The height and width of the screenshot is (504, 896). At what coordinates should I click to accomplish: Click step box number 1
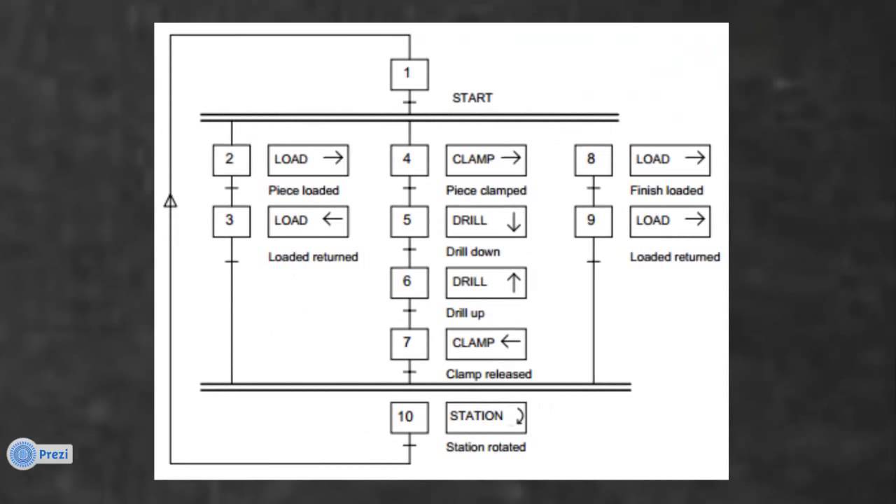coord(409,74)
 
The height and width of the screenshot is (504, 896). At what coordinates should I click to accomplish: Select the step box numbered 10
coord(409,417)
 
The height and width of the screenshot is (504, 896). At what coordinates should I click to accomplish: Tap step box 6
coord(409,282)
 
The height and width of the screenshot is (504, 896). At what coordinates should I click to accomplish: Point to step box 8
coord(594,160)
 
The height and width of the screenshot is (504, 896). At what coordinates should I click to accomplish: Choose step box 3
coord(232,221)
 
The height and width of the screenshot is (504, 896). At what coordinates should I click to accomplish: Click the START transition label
coord(472,98)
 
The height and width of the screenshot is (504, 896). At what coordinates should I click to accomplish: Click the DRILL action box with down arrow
coord(486,221)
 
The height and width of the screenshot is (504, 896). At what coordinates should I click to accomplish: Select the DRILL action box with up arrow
coord(486,282)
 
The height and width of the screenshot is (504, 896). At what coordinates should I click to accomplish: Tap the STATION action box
coord(486,417)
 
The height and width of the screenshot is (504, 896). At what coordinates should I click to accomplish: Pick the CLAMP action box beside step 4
coord(486,160)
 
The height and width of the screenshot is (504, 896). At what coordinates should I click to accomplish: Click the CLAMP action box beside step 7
coord(486,344)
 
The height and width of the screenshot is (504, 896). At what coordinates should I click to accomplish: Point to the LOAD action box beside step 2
coord(308,160)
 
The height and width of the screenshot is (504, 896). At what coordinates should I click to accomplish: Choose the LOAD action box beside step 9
coord(670,221)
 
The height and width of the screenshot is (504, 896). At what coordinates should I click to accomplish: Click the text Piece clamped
coord(486,190)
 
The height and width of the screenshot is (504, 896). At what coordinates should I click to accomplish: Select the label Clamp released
coord(489,374)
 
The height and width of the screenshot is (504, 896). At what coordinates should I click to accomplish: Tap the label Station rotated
coord(486,447)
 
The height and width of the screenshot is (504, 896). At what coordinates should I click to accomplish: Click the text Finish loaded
coord(666,190)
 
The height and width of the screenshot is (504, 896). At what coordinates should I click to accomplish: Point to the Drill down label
coord(473,252)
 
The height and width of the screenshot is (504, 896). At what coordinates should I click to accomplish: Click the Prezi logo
coord(40,454)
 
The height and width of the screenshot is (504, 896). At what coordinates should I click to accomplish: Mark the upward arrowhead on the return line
coord(170,202)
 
